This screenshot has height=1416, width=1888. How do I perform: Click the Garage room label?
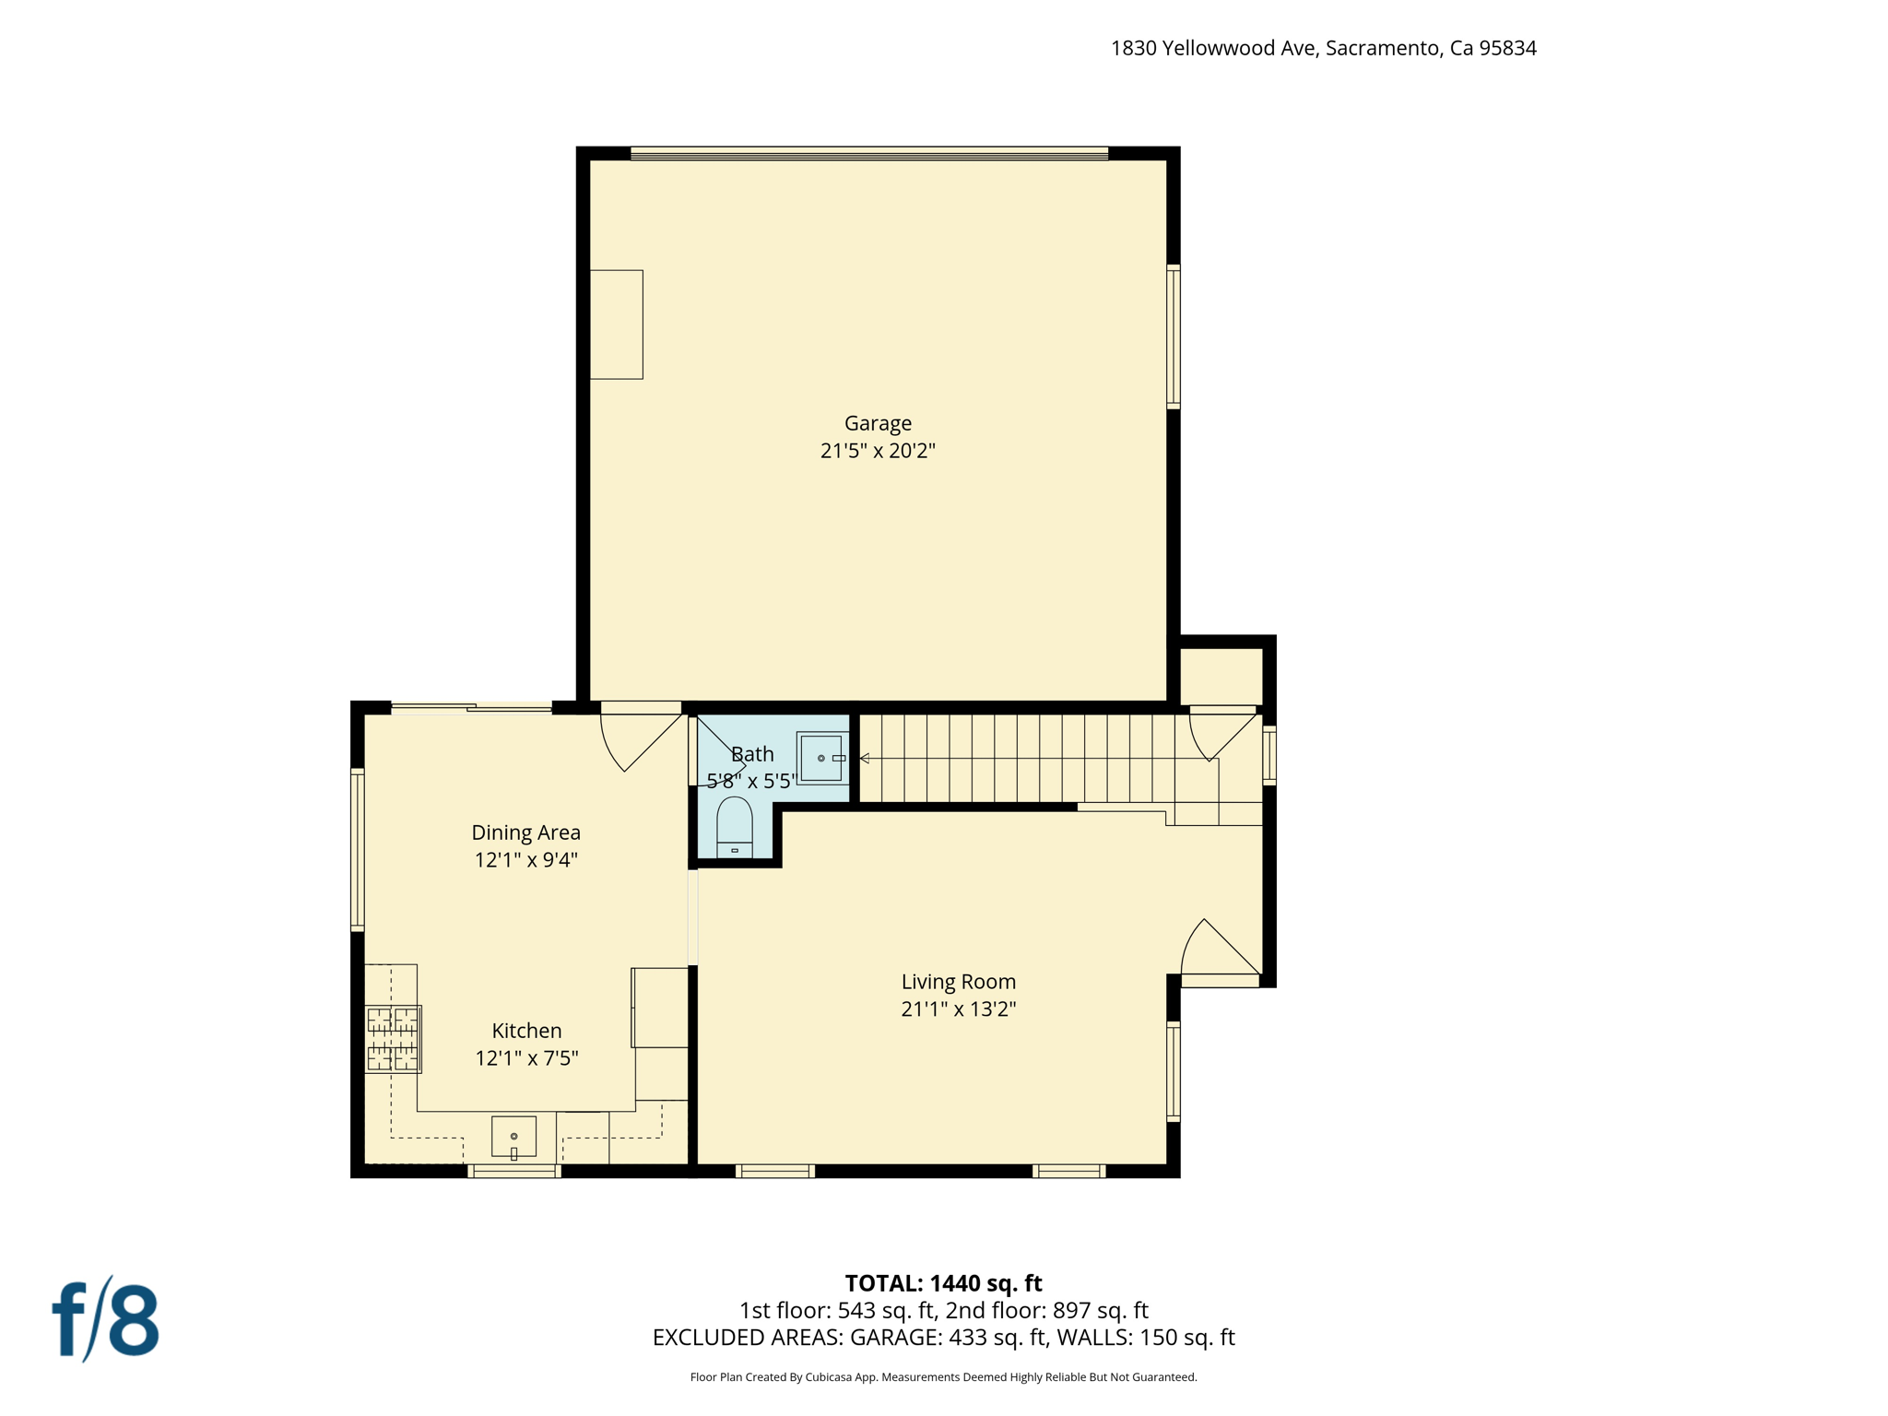click(x=878, y=423)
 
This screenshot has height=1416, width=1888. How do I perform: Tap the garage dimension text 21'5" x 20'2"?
click(x=878, y=451)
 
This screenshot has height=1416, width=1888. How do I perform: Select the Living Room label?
click(x=958, y=982)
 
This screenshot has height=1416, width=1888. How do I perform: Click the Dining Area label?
click(x=525, y=832)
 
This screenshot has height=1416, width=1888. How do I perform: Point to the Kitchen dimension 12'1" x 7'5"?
click(x=525, y=1057)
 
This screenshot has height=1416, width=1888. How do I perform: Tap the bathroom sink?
click(x=820, y=758)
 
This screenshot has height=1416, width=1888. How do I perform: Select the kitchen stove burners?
click(x=393, y=1038)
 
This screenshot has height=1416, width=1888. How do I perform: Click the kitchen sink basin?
click(x=513, y=1137)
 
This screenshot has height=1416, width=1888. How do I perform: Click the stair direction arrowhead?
click(x=865, y=758)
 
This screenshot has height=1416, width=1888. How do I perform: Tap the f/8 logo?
click(x=105, y=1319)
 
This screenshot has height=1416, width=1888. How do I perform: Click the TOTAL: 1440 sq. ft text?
click(x=943, y=1283)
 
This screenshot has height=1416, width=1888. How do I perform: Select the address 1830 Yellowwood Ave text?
click(x=1323, y=48)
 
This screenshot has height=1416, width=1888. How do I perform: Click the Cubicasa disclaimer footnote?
click(x=943, y=1377)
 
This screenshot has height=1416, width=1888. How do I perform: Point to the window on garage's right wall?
click(x=1174, y=336)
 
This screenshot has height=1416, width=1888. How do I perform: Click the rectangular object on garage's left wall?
click(x=616, y=324)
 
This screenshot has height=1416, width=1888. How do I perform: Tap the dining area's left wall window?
click(x=358, y=849)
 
